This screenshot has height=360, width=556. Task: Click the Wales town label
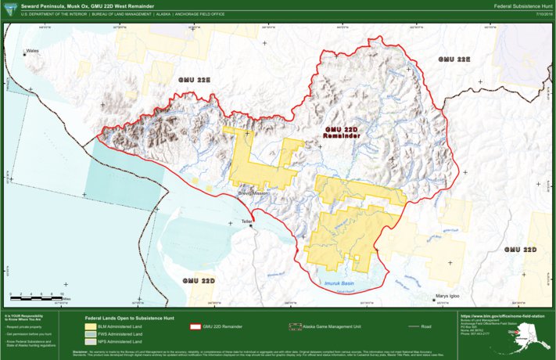[32, 52]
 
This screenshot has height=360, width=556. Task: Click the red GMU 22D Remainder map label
[342, 131]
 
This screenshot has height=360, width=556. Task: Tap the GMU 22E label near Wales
[195, 80]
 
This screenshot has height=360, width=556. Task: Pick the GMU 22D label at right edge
[520, 249]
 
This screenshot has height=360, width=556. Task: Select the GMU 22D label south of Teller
[199, 279]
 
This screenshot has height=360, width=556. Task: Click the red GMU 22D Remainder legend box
[196, 326]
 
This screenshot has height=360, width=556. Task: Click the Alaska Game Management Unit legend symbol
[296, 326]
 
